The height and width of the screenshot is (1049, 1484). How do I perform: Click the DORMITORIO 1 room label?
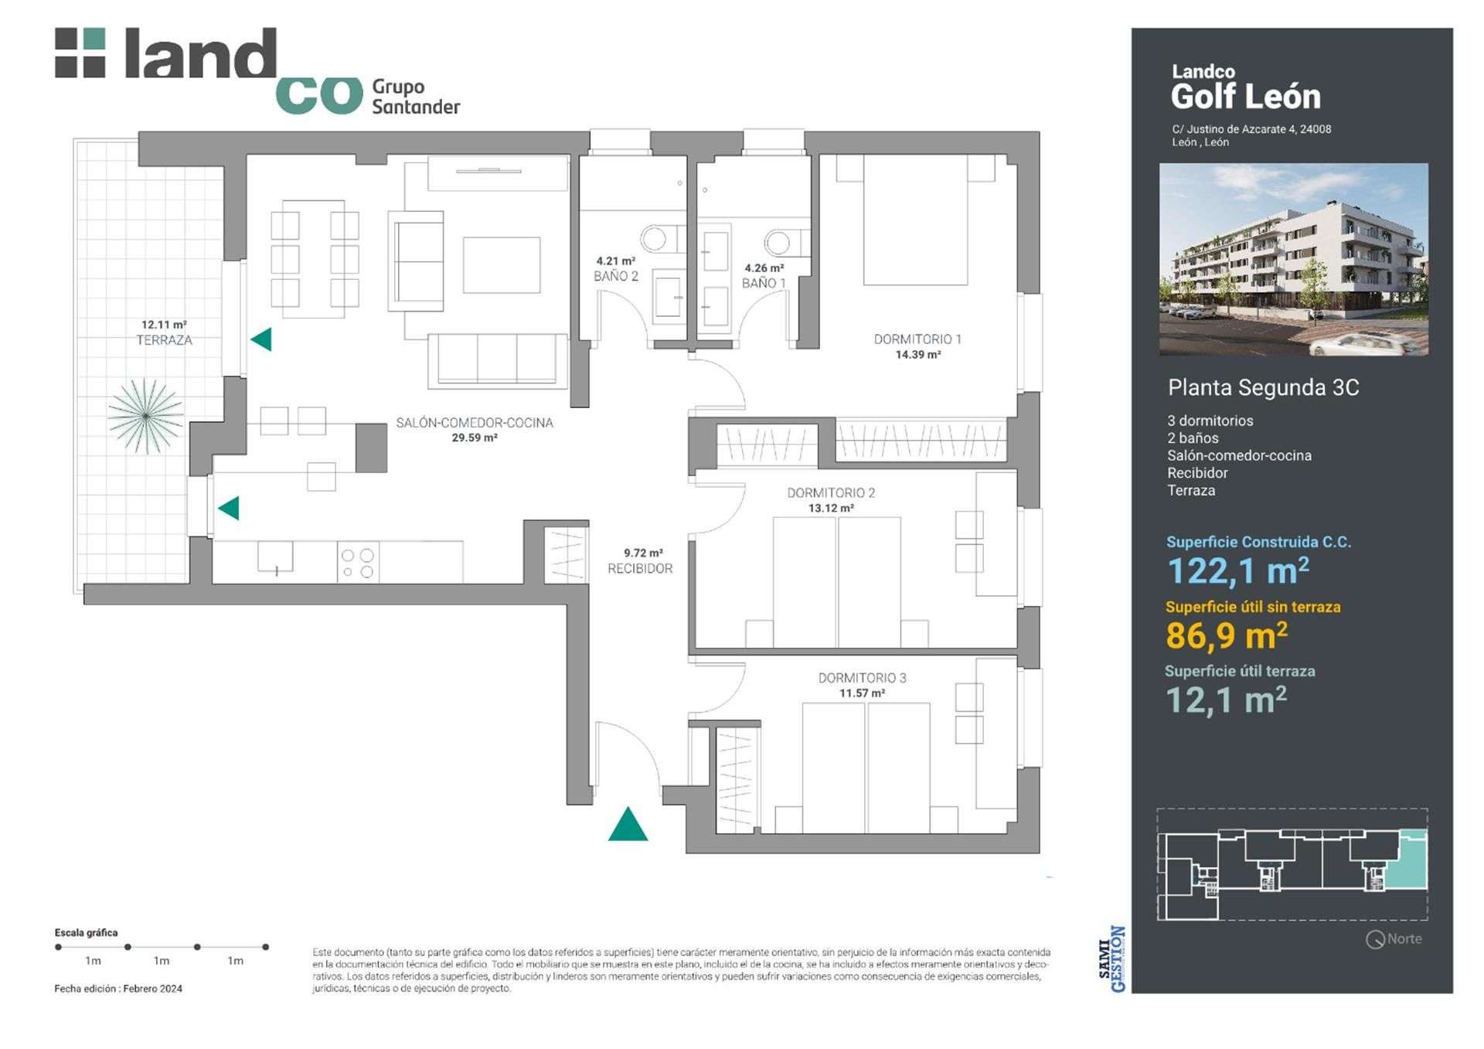coord(917,339)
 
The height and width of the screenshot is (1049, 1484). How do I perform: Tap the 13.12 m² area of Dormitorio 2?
coord(831,509)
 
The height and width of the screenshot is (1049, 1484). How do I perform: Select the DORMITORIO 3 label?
coord(862,678)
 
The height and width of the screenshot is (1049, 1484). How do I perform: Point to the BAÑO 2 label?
coord(616,276)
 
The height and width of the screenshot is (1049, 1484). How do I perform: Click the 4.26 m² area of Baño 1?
coord(764,269)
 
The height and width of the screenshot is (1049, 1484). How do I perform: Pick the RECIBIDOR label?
coord(640,568)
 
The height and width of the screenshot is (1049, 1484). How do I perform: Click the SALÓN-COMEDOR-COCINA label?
coord(475,423)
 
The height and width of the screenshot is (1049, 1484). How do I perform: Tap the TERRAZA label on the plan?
coord(165,340)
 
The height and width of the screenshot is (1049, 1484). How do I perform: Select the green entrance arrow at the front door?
coord(628,824)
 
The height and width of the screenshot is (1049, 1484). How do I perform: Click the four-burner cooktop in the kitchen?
coord(358,563)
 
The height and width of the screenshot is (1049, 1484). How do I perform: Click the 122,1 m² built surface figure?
coord(1238,571)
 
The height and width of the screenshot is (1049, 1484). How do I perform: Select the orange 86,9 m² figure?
coord(1227,635)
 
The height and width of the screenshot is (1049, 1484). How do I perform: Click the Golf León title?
coord(1246,97)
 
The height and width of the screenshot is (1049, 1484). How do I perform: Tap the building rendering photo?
coord(1294,260)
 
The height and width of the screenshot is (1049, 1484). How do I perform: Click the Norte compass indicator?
coord(1394,939)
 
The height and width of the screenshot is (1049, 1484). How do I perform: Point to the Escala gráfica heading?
coord(86,933)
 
